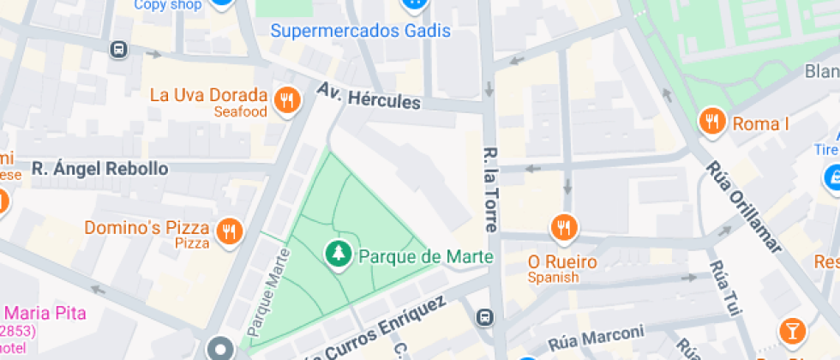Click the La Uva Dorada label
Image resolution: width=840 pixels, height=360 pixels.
(208, 95)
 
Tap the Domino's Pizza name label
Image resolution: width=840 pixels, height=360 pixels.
(147, 228)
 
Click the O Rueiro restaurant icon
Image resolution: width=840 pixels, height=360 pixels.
(563, 228)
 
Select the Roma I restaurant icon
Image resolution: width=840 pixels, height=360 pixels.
(711, 123)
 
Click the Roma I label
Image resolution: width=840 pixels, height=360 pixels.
(760, 124)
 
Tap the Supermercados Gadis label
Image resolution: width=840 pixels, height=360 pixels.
(361, 31)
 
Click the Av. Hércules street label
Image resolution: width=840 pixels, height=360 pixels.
(369, 95)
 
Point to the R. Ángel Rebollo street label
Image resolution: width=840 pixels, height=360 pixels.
(100, 169)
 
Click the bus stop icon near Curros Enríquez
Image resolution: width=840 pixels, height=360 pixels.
(485, 318)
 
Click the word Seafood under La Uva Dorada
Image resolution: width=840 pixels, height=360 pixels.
(240, 112)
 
